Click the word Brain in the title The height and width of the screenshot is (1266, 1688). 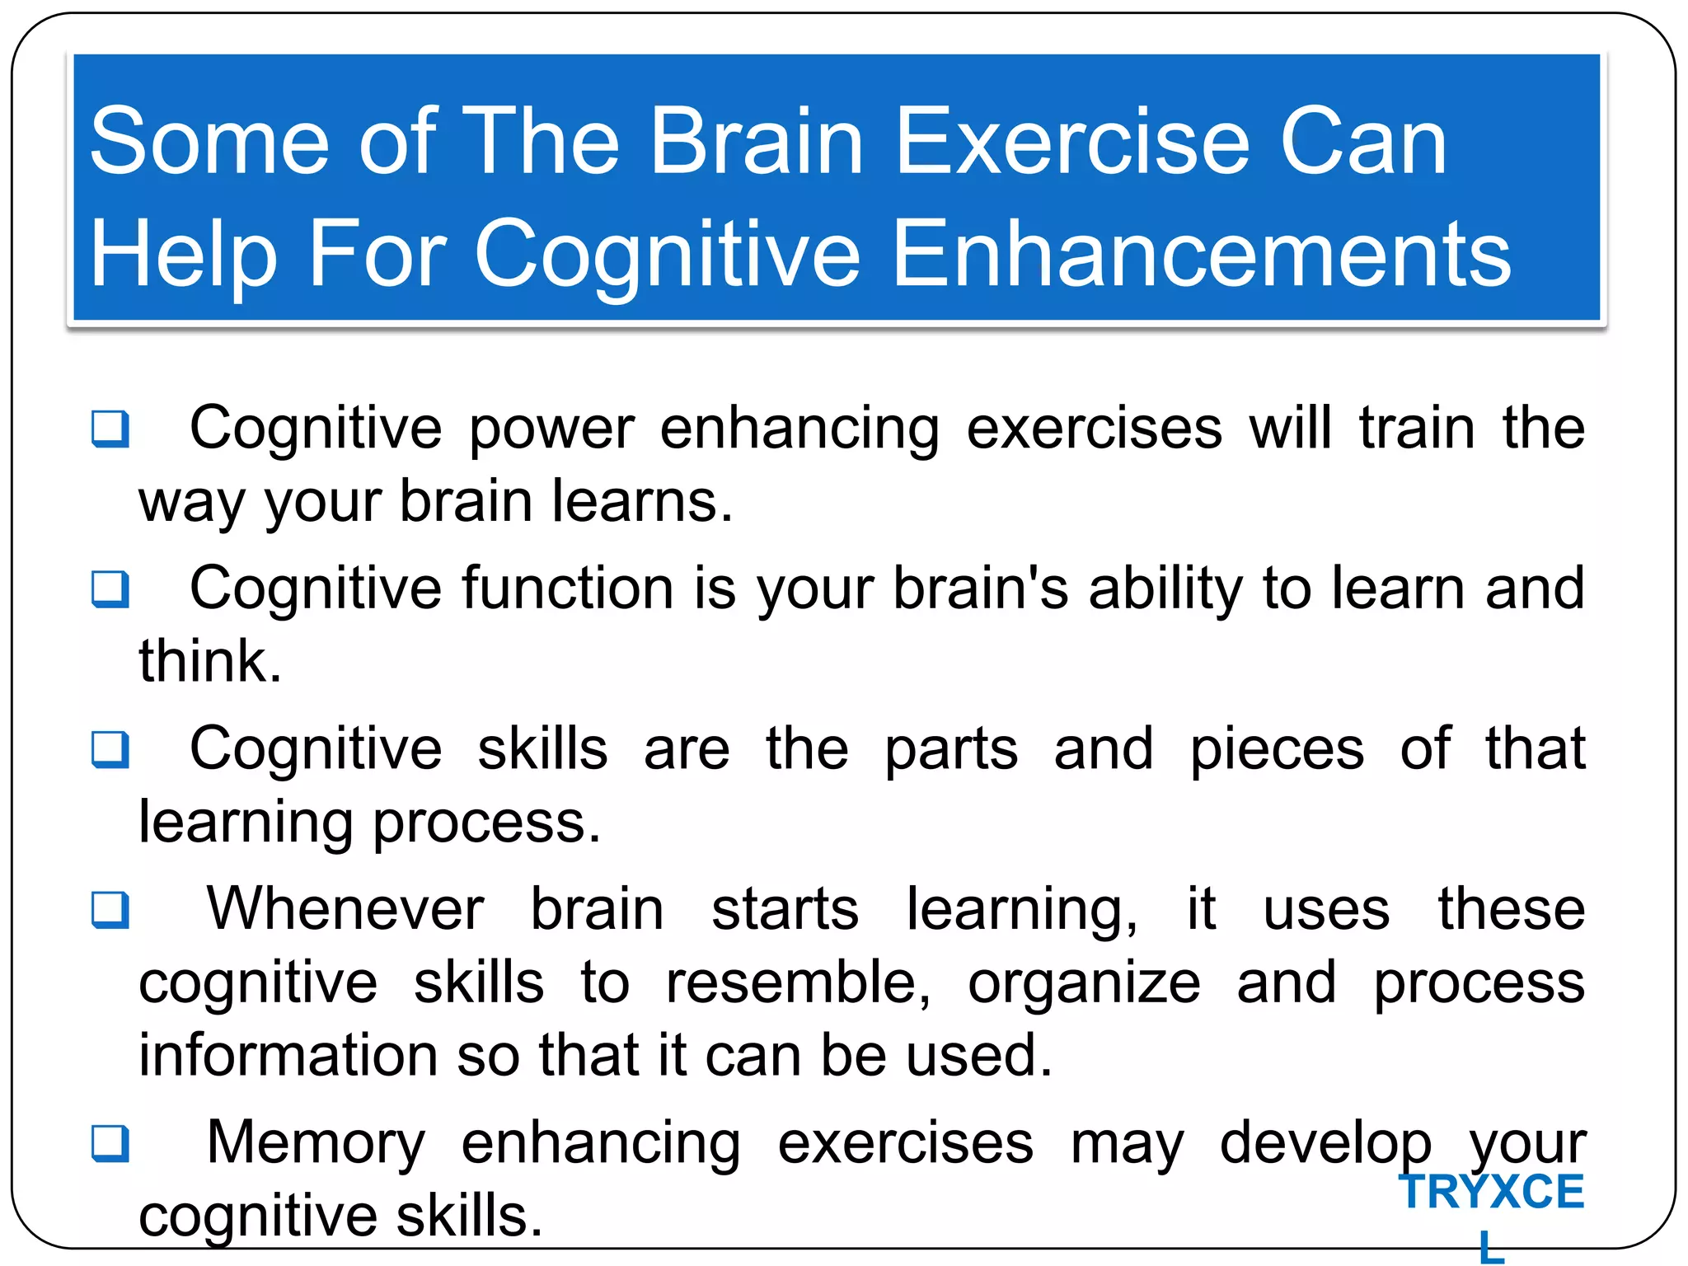(757, 142)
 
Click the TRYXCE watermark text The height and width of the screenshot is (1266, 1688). (1491, 1192)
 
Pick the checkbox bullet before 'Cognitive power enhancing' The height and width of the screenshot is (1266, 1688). (110, 429)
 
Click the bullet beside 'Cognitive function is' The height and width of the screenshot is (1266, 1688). (110, 588)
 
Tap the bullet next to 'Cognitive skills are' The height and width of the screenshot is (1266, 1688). (110, 748)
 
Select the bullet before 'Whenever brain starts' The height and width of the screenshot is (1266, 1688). (110, 909)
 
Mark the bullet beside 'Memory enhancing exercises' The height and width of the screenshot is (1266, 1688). (110, 1142)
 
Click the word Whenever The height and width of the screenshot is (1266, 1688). (345, 909)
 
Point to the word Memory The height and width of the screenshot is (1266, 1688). (316, 1142)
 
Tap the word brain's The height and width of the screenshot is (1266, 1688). (981, 588)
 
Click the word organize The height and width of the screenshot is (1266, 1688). (1084, 984)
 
